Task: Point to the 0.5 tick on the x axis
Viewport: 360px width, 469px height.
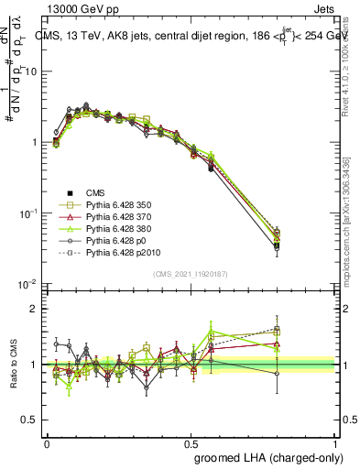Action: click(191, 440)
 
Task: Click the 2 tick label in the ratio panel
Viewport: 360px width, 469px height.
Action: click(34, 309)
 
